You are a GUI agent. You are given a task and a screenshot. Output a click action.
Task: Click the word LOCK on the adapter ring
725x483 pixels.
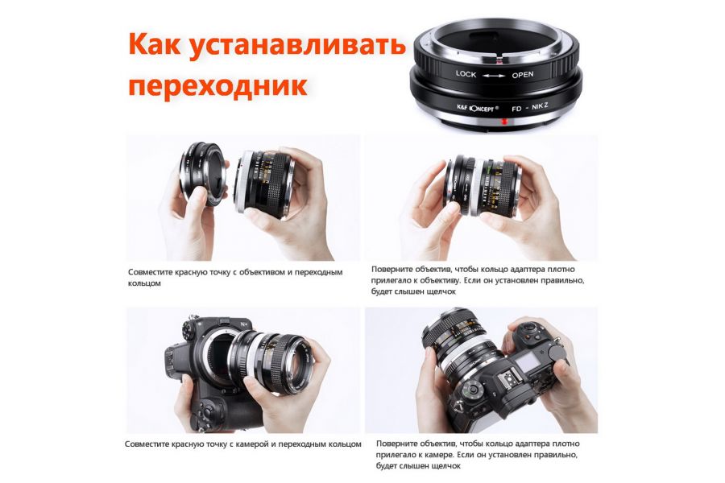466,74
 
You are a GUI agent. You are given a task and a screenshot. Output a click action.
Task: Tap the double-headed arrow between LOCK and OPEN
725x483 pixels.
494,75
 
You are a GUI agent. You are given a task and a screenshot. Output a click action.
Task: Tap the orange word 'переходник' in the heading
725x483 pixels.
217,85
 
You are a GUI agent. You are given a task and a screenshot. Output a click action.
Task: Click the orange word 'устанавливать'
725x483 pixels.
299,45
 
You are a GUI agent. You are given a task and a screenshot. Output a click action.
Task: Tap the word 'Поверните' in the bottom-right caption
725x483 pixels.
400,444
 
